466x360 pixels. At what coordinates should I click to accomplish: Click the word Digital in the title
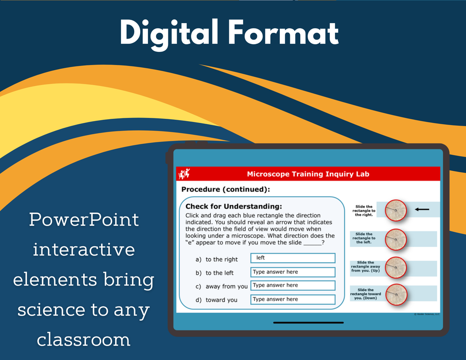pos(169,34)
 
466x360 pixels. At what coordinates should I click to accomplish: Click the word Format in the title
pos(284,32)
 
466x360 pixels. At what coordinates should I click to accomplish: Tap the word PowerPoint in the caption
pos(84,220)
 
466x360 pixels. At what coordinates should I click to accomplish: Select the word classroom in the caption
pos(84,340)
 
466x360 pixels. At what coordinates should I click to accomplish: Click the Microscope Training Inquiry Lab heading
pos(308,174)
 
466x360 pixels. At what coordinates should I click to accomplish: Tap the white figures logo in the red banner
pos(184,173)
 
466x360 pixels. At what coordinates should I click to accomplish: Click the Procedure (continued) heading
pos(226,189)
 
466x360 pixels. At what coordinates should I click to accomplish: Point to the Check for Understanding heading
pos(233,206)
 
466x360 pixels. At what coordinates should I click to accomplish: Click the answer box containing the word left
pos(293,258)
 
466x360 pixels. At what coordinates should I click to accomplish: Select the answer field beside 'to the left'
pos(293,272)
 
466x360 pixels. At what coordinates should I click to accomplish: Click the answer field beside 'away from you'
pos(293,285)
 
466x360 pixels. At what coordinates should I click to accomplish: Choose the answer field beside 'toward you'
pos(293,299)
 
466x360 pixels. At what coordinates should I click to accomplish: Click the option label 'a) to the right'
pos(216,259)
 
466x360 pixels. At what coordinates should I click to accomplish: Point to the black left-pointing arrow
pos(422,209)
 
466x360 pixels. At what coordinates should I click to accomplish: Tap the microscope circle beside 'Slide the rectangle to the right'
pos(396,210)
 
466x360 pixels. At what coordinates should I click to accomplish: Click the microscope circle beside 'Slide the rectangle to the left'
pos(396,239)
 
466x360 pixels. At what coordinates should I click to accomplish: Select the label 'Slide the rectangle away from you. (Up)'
pos(365,267)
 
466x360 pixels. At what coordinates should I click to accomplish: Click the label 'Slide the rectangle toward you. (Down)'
pos(365,294)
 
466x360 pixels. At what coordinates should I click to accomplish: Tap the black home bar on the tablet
pos(309,323)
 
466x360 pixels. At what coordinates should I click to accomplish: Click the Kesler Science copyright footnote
pos(427,314)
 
